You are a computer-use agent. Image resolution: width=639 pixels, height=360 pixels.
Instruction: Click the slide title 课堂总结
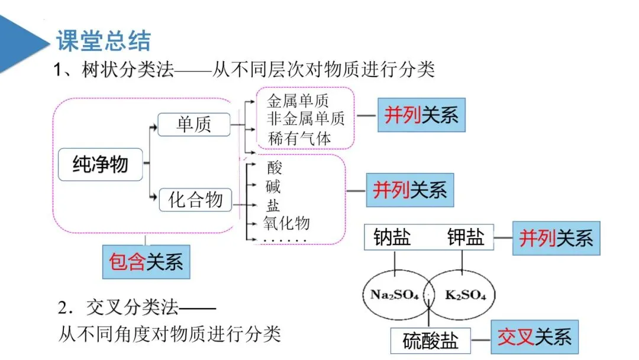104,41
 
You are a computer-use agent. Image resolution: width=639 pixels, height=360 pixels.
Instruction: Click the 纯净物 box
100,164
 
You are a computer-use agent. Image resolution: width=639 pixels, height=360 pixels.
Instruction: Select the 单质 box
193,124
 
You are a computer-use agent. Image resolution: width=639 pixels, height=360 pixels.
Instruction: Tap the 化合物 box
195,200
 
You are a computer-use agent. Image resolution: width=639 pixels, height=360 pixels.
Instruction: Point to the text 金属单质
298,100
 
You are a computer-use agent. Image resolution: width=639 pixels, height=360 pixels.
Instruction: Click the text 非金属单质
305,118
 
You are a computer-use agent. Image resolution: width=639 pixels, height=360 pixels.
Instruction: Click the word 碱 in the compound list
273,187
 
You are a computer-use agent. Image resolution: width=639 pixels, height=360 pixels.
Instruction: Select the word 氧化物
286,223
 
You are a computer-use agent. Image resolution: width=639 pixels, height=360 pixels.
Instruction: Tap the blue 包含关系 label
146,261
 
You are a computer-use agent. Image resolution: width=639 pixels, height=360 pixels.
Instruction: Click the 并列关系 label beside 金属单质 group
421,115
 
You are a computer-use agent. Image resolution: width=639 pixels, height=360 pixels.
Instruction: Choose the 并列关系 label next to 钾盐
556,239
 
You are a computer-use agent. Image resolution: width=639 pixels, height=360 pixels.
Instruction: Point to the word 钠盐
392,237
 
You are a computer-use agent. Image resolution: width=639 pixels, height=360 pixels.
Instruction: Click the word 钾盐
466,237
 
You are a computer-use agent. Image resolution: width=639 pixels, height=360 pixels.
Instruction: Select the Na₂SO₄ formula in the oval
394,294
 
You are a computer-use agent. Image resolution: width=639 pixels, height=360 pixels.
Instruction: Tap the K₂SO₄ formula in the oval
465,294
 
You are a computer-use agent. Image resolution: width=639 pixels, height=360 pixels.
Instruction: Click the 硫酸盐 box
430,340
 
